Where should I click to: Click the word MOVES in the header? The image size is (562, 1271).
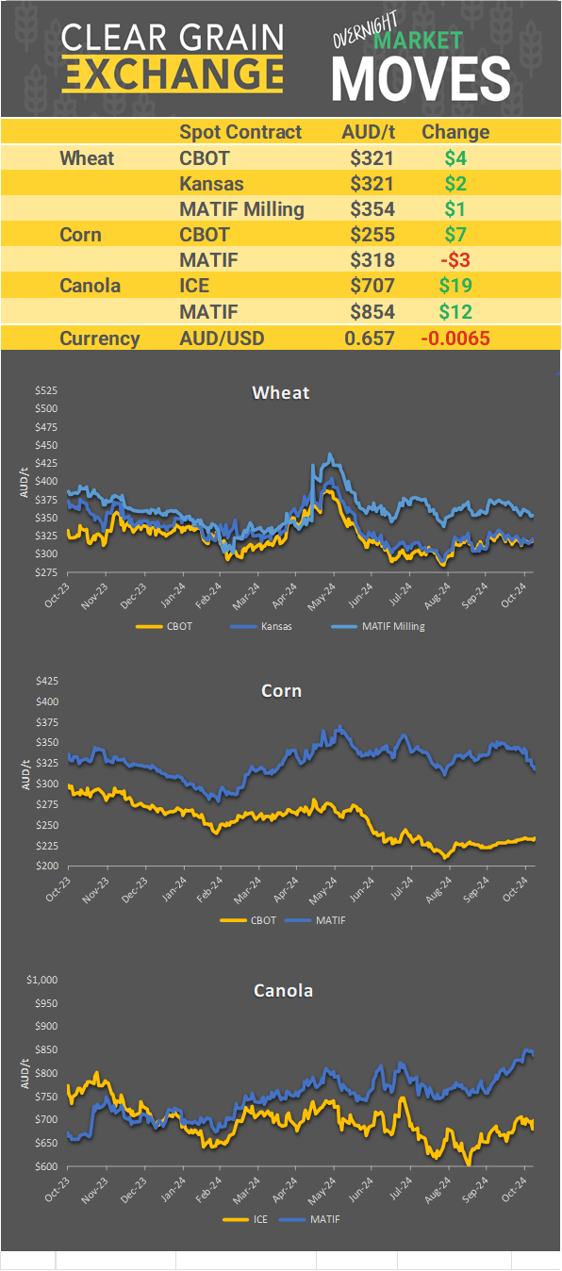pyautogui.click(x=421, y=77)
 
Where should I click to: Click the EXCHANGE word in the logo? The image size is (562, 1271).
pyautogui.click(x=173, y=73)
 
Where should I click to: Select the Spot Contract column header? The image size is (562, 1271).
pyautogui.click(x=240, y=132)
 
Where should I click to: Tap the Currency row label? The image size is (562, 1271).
pyautogui.click(x=100, y=338)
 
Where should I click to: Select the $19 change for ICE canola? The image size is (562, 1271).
pyautogui.click(x=455, y=286)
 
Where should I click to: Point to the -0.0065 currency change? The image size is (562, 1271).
pyautogui.click(x=455, y=338)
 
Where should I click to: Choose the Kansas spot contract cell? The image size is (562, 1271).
pyautogui.click(x=211, y=184)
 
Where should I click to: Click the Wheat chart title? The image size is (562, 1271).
pyautogui.click(x=280, y=392)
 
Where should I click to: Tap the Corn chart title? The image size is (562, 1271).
pyautogui.click(x=281, y=691)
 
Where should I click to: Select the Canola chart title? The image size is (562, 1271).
pyautogui.click(x=283, y=990)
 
